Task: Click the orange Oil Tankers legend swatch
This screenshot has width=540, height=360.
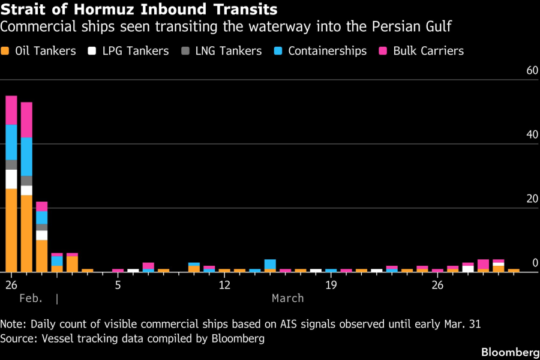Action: coord(6,51)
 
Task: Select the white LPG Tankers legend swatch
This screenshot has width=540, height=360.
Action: coord(92,51)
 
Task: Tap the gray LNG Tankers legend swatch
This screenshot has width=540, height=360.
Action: coord(185,51)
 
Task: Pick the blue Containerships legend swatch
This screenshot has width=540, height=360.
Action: coord(278,51)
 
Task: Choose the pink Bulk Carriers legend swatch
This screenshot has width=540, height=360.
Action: coord(383,51)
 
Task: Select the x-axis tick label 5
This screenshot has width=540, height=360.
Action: coord(118,284)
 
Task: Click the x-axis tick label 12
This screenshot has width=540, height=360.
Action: coord(225,284)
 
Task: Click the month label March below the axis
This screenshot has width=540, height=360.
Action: coord(287,298)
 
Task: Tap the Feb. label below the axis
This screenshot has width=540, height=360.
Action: coord(31,298)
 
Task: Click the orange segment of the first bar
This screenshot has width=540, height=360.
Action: coord(11,230)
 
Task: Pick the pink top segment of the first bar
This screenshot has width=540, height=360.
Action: coord(11,110)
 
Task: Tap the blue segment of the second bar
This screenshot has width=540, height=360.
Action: coord(26,157)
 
